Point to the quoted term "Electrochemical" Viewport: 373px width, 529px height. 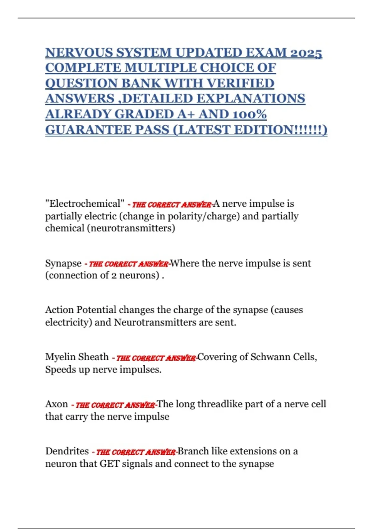85,204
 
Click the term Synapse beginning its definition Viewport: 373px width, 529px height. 63,264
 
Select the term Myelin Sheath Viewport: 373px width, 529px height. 77,357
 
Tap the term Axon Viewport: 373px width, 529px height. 56,404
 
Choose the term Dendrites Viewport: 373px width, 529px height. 67,451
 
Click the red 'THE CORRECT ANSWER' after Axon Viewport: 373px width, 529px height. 115,405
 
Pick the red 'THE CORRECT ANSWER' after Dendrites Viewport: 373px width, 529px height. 136,452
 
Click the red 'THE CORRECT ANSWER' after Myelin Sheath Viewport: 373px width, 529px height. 156,358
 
